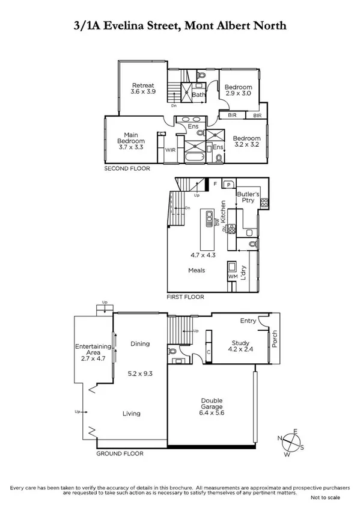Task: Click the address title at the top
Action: coord(180,26)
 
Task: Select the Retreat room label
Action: coord(144,88)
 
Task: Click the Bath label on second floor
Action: coord(199,94)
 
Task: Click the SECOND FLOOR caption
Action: coord(127,169)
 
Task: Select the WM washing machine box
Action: coord(233,276)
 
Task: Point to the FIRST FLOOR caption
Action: coord(185,297)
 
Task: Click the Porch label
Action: coord(275,339)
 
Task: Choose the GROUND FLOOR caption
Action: coord(120,453)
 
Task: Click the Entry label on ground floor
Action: coord(248,321)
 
